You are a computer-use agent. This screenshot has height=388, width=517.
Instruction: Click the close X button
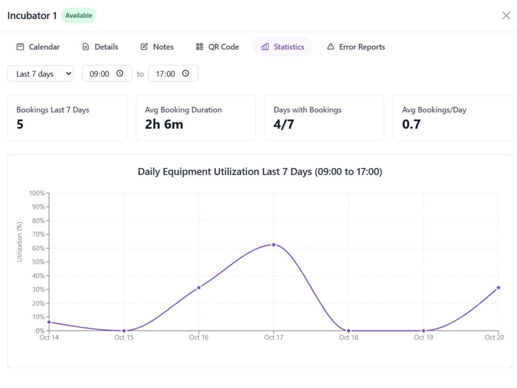point(506,16)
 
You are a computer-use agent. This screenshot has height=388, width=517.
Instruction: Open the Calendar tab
point(38,47)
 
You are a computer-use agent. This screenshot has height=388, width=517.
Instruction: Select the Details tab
point(100,47)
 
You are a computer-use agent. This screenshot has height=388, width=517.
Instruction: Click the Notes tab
point(157,47)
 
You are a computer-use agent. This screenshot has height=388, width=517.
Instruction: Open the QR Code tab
point(217,47)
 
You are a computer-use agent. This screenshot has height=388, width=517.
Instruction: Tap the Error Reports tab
point(356,47)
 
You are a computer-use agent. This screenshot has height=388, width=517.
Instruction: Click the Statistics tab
point(282,47)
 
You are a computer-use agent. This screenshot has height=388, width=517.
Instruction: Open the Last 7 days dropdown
point(41,74)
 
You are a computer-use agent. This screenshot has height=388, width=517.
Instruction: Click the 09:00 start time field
point(107,74)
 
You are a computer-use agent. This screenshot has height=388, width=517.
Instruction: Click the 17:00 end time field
point(173,74)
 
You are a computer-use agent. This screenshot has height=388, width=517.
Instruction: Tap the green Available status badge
point(79,16)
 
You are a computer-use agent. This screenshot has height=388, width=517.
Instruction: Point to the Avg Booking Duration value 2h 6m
point(164,125)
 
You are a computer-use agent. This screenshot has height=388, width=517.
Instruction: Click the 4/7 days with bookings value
point(284,125)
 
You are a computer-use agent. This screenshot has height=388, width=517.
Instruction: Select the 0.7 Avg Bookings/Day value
point(411,125)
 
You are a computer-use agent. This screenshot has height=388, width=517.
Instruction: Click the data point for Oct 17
point(274,245)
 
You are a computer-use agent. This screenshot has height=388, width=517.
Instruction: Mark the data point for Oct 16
point(199,288)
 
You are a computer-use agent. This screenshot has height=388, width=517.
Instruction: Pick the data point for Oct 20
point(498,288)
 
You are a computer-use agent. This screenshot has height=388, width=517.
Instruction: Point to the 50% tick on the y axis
point(39,262)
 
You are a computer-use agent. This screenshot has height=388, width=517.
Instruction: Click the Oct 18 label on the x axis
point(348,338)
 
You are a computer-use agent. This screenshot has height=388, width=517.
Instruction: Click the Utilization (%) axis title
point(19,242)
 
